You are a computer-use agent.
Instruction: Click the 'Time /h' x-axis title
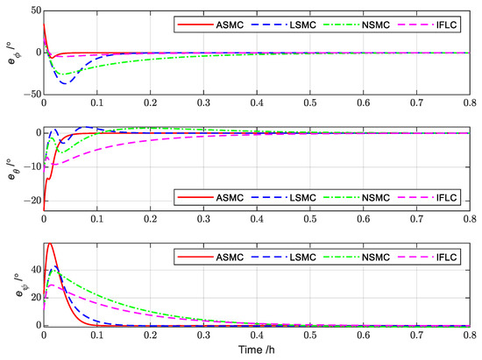262,349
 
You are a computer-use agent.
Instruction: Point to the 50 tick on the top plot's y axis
32,10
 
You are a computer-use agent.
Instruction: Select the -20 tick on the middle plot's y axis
30,201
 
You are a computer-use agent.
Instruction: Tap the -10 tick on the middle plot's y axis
30,166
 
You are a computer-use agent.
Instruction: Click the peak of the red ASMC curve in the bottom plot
50,244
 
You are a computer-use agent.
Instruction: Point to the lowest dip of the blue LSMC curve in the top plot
64,83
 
